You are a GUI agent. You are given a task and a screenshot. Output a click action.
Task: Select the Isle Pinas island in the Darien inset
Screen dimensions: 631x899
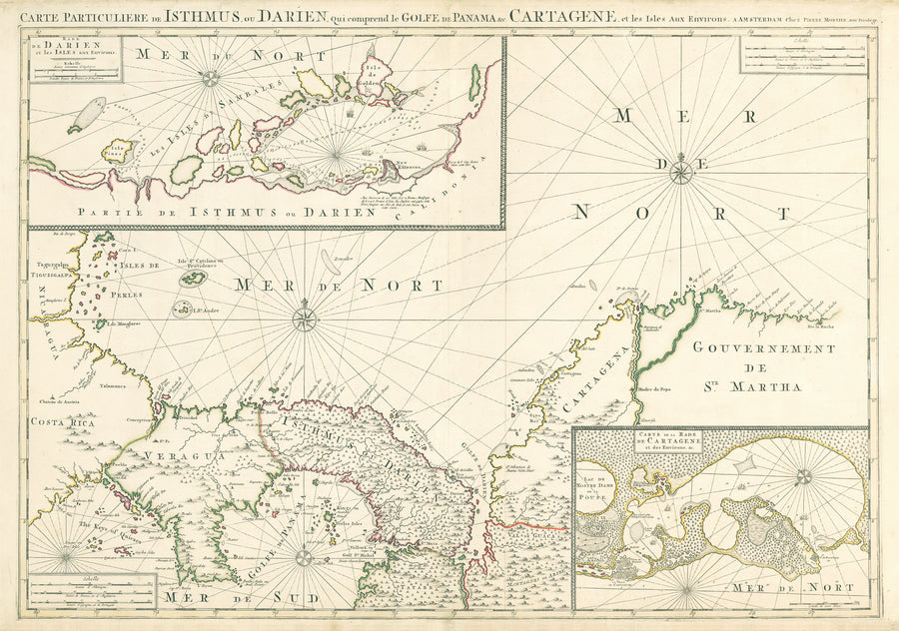click(121, 152)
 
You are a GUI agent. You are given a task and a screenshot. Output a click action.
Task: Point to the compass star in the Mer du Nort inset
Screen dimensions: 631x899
click(211, 77)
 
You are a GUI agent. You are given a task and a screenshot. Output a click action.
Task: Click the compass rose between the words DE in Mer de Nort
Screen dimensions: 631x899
click(681, 172)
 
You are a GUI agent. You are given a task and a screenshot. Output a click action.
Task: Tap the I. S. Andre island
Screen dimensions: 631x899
click(183, 310)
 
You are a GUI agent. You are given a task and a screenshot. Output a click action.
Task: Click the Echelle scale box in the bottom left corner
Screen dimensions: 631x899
click(91, 591)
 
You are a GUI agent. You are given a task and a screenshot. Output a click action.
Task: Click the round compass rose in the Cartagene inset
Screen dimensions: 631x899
click(803, 477)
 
